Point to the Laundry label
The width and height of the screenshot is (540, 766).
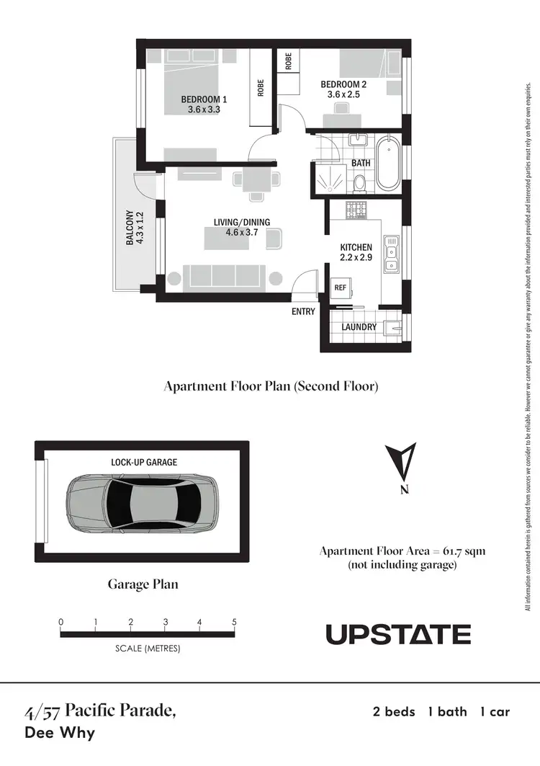coord(359,326)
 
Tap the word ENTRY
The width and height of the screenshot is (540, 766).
coord(303,311)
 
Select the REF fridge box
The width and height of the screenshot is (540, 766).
coord(341,287)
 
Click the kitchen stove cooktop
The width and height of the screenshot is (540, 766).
coord(357,210)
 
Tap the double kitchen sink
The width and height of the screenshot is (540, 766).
coord(391,256)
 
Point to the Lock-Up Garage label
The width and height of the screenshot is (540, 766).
coord(144,462)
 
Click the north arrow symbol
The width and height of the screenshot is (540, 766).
coord(405,465)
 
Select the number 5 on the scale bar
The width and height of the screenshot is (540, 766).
coord(234,622)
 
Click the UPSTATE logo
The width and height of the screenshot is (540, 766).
coord(398,634)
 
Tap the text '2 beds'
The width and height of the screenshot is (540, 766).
coord(394,712)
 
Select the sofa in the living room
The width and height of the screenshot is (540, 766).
coord(224,276)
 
